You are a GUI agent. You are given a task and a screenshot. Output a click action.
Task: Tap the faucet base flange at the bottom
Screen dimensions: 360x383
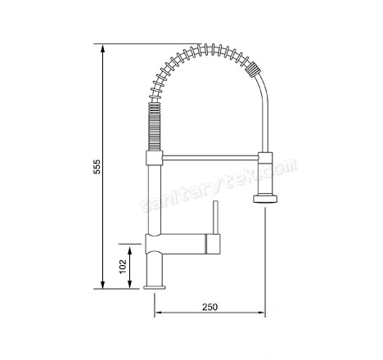tap(155, 286)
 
